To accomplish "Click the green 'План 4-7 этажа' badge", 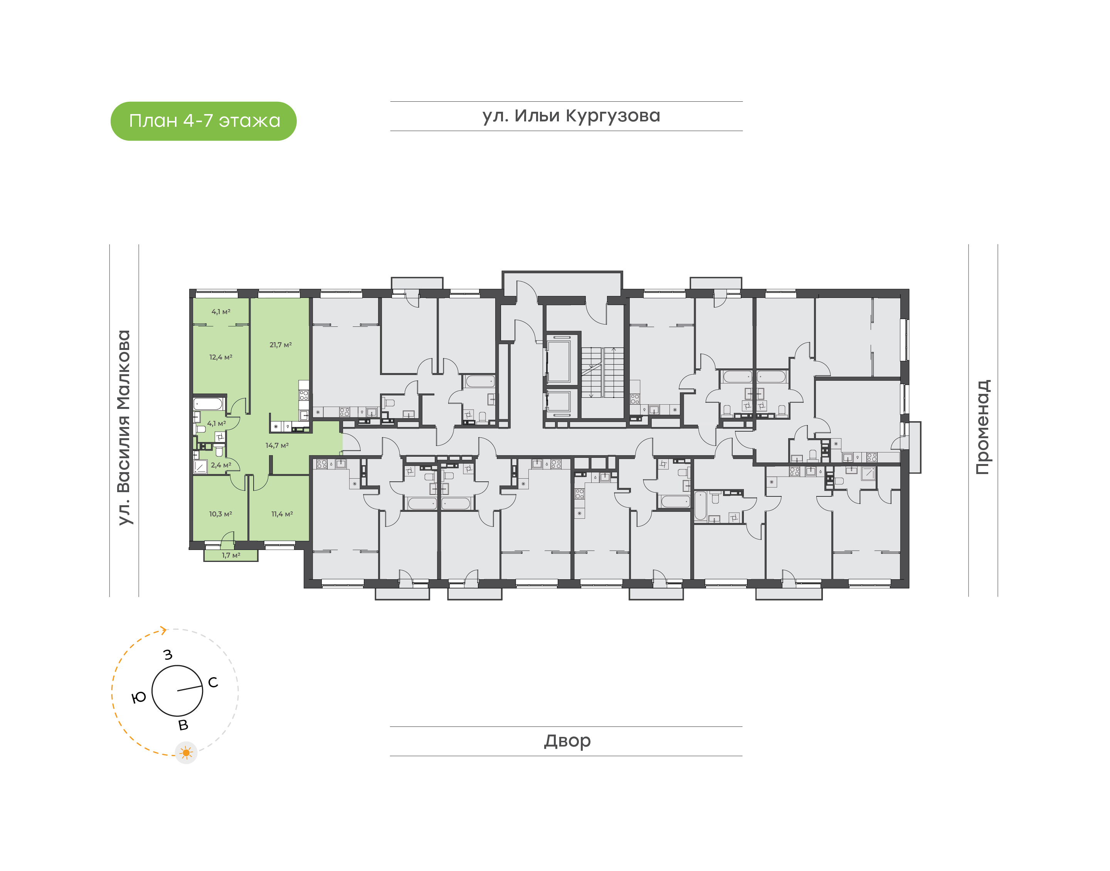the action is tap(203, 121).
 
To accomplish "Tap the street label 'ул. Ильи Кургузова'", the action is tap(571, 116).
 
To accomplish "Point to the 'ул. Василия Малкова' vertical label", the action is tap(124, 427).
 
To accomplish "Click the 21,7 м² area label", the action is tap(281, 345).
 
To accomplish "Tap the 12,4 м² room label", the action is tap(221, 357).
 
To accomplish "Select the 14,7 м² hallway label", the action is tap(277, 445).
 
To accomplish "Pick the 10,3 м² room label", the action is tap(220, 514).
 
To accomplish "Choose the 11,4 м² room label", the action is tap(282, 514).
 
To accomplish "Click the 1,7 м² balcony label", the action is tap(231, 555).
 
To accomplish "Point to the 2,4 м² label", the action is tap(221, 465).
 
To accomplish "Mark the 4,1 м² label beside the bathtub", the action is tap(216, 423).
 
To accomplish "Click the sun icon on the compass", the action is tap(186, 753).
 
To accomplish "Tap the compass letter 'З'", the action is tap(168, 654).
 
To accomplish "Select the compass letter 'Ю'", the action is tap(139, 698).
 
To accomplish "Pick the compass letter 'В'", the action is tap(183, 725).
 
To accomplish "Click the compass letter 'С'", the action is tap(213, 682).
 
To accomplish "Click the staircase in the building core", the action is tap(603, 372).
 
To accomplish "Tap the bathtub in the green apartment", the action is tap(209, 404).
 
